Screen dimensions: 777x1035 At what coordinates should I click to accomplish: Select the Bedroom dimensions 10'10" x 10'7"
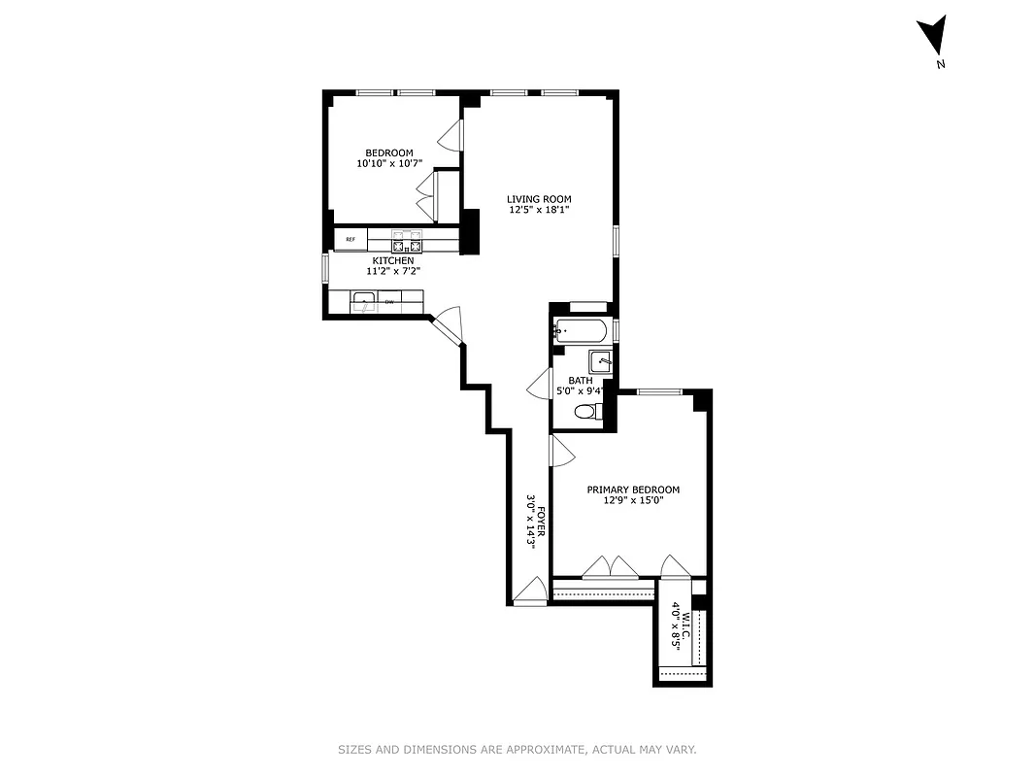pyautogui.click(x=389, y=164)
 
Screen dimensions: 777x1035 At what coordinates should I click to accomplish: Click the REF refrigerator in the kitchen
pyautogui.click(x=351, y=239)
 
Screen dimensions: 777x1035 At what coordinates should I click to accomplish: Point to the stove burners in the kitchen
pyautogui.click(x=408, y=240)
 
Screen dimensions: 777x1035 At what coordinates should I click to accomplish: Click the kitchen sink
pyautogui.click(x=364, y=302)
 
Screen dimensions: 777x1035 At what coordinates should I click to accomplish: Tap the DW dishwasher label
pyautogui.click(x=390, y=303)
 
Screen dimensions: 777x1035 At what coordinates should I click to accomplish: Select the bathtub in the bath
pyautogui.click(x=580, y=330)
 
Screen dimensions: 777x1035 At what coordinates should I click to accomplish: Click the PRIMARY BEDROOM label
pyautogui.click(x=633, y=490)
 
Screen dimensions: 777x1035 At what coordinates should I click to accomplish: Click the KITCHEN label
pyautogui.click(x=393, y=260)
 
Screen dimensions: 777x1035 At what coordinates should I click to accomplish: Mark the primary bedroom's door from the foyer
pyautogui.click(x=561, y=450)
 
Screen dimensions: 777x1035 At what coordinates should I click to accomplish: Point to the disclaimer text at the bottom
pyautogui.click(x=517, y=750)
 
